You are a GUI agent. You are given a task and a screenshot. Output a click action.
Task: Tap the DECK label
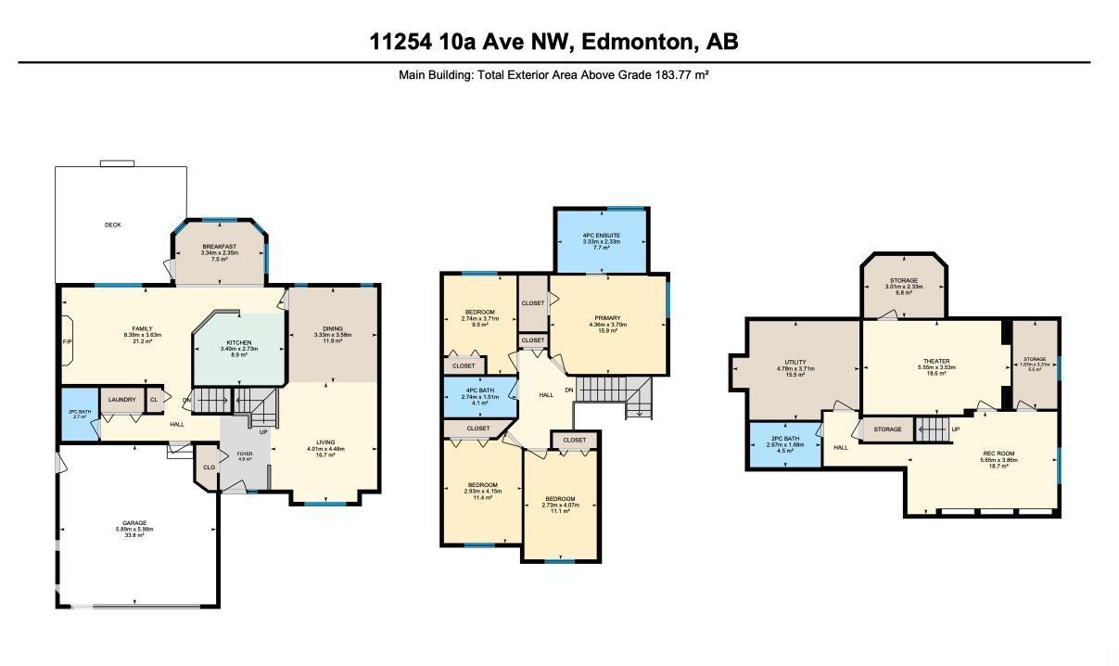112,224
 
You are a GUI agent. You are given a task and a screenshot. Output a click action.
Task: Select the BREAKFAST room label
220,247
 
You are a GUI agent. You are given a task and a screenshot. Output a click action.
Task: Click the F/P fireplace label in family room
67,342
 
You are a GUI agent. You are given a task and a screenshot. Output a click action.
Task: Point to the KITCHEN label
239,342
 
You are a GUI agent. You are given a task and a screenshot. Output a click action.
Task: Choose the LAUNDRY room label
121,400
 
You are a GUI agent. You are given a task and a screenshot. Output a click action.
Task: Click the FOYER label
245,454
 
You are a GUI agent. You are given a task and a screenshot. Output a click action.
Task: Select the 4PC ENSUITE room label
601,236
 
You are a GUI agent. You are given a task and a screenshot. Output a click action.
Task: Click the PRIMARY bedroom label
608,318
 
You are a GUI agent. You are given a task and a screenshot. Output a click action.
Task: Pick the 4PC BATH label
479,390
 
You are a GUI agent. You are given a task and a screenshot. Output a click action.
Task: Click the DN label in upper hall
569,391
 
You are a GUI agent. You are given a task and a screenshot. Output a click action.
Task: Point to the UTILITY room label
795,362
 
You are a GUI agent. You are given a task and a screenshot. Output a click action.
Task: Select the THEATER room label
936,362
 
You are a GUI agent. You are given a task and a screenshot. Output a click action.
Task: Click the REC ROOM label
1000,454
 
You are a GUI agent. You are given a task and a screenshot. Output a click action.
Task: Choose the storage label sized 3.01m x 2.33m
903,281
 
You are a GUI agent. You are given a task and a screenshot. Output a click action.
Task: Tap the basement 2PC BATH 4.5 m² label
784,438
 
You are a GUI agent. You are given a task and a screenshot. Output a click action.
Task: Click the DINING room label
333,328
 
